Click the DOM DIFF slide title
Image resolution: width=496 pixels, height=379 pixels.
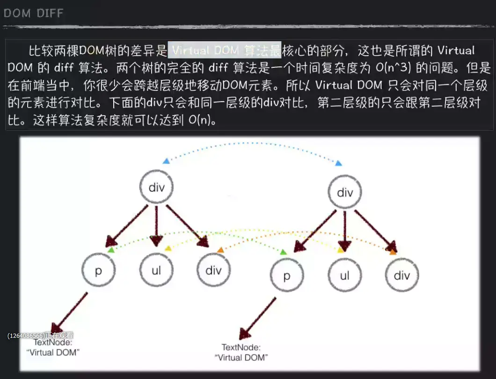tap(33, 13)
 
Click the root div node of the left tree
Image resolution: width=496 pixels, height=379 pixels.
tap(157, 187)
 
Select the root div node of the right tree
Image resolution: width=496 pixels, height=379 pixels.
tap(345, 192)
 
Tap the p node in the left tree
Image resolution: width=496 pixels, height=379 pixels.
tap(98, 271)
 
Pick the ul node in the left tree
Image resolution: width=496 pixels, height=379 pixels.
tap(156, 271)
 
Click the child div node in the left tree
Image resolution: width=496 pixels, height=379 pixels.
tap(213, 271)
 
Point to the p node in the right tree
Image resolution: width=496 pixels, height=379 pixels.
tap(287, 276)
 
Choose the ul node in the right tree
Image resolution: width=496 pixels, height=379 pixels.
tap(344, 275)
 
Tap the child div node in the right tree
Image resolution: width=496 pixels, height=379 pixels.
tap(401, 275)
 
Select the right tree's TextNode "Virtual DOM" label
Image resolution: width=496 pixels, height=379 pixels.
tap(241, 352)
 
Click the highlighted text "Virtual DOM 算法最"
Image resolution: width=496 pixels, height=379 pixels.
tap(225, 50)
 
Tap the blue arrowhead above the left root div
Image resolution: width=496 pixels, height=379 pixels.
tap(166, 161)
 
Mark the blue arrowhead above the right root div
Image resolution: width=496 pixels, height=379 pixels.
tap(339, 163)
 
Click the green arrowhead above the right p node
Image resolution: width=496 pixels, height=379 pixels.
tap(283, 252)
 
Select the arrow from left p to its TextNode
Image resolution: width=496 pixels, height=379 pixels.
tap(70, 312)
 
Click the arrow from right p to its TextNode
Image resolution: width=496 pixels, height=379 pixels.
tap(258, 317)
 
